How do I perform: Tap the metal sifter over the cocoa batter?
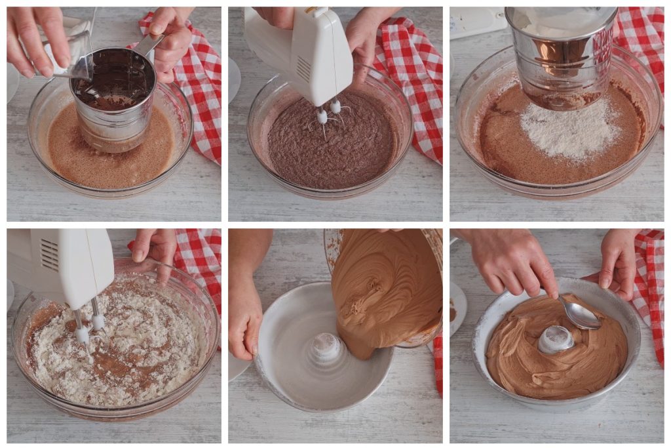click(115, 98)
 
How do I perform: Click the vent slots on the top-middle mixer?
click(302, 68)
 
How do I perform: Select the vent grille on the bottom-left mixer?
click(50, 255)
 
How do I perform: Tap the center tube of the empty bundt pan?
click(326, 348)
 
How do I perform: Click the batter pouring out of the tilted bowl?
click(383, 295)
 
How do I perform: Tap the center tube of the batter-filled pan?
click(556, 339)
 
